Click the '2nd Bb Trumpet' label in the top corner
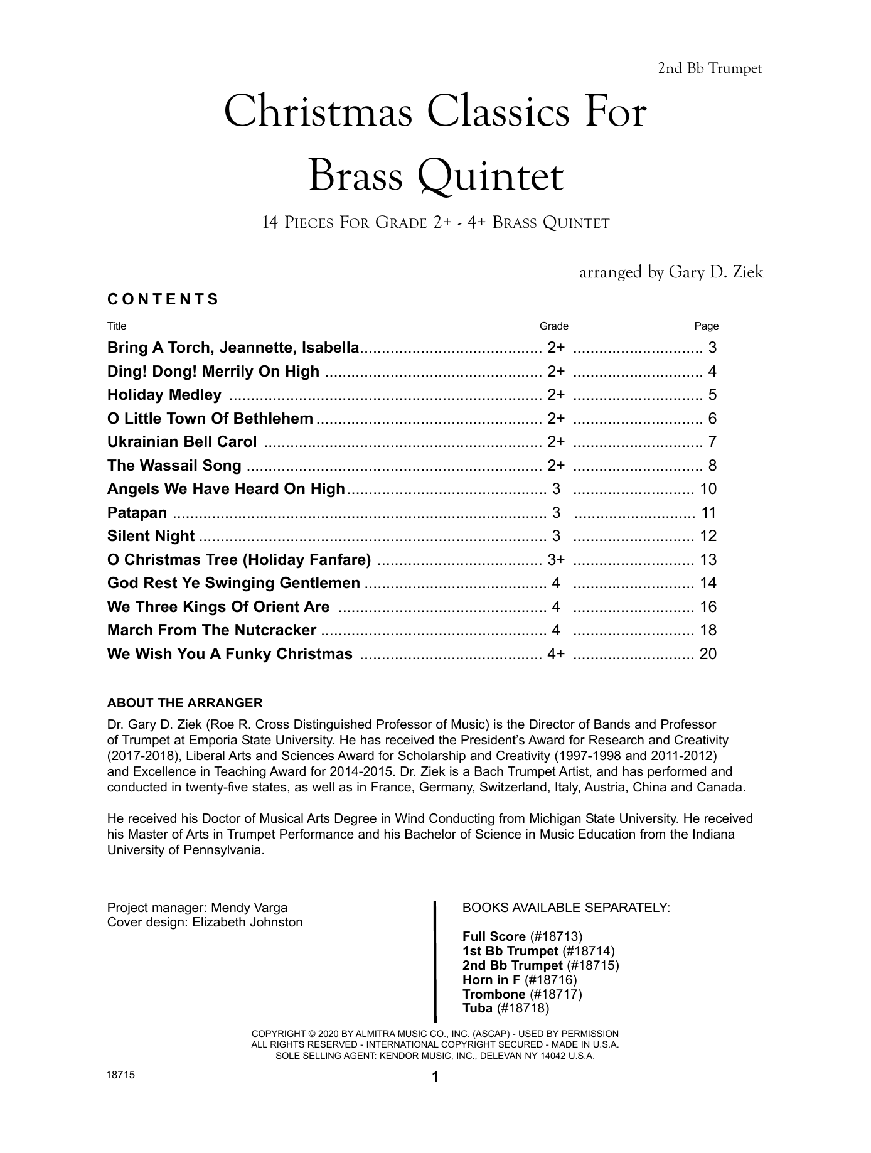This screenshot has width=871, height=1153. tap(710, 68)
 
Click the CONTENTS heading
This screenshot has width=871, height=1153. tap(163, 299)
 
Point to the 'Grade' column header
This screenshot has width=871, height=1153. tap(554, 326)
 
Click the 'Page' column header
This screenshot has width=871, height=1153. tap(706, 326)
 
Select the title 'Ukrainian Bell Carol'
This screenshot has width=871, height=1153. tap(182, 442)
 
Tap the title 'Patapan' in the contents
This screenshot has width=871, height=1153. tap(137, 513)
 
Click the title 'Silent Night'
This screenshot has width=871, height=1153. tap(151, 536)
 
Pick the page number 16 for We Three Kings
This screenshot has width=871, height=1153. tap(708, 607)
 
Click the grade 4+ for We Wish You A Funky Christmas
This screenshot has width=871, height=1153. tap(556, 654)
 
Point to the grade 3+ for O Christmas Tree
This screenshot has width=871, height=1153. tap(556, 560)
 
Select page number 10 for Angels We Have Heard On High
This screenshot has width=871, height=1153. tap(708, 489)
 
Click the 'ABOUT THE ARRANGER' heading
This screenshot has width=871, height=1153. tap(184, 703)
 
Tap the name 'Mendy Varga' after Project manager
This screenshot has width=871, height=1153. tap(249, 908)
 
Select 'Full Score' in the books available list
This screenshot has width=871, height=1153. tap(494, 936)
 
